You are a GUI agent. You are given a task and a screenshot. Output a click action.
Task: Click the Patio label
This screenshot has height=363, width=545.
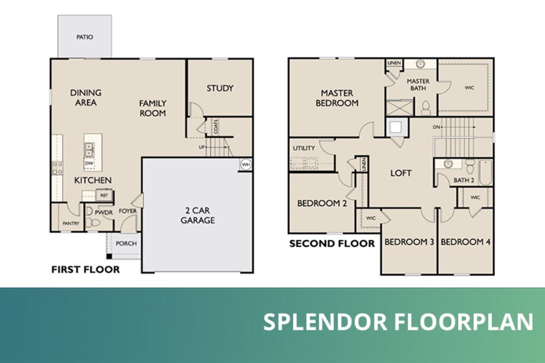coord(84,37)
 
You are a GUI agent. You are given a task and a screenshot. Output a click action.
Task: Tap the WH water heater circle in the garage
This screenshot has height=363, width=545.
coord(246,165)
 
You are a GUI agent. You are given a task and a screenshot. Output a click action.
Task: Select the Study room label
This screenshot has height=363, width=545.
coord(220,88)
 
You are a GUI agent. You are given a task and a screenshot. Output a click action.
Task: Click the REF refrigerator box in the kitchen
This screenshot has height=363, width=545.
coord(104,196)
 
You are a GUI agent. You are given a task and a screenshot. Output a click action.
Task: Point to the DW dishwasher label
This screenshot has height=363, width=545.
coord(89,163)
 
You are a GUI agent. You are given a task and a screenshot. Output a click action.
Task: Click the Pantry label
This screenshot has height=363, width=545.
coord(71,223)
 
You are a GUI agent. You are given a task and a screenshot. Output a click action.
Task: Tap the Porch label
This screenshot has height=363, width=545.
coord(126,244)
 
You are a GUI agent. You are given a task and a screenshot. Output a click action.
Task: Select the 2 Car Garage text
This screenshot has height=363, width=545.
coord(197,215)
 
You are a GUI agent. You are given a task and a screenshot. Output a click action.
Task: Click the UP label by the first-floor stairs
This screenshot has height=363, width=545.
coord(202,147)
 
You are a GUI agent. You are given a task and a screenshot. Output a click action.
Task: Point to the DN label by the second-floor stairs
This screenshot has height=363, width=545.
coord(436,127)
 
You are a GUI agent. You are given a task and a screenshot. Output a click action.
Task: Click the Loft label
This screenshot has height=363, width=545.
coord(401,173)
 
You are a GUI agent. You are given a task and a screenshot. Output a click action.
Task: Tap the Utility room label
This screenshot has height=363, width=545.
coord(304,148)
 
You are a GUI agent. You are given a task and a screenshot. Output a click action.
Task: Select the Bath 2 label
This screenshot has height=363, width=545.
coord(464,180)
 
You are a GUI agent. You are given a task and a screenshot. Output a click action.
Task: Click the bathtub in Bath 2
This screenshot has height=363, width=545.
coord(486,172)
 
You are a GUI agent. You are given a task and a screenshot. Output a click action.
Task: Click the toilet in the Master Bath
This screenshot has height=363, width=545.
coord(426,108)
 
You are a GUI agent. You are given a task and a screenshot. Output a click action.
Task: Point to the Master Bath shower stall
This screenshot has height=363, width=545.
coord(399,107)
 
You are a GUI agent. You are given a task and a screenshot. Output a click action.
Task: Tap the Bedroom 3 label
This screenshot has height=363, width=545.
coord(409,241)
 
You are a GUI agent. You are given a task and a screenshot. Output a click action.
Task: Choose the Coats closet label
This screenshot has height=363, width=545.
coord(216,127)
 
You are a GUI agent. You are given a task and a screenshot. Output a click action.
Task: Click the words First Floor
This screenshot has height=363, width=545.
coord(86,269)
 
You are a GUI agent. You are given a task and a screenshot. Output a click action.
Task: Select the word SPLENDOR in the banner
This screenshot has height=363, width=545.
coord(325,322)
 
